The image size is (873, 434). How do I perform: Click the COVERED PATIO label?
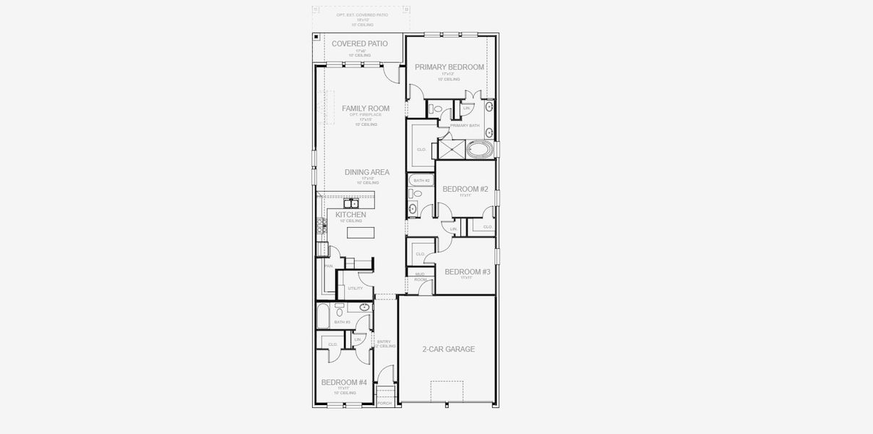point(359,44)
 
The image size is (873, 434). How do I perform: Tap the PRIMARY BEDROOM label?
point(449,67)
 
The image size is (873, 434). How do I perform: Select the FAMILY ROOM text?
point(365,109)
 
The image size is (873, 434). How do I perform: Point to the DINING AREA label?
point(366,172)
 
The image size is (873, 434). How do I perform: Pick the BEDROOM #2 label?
point(465,190)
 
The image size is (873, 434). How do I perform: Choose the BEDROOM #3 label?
point(467,272)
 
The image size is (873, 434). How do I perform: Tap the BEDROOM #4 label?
point(344,383)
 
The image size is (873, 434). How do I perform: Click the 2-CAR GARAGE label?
point(448,349)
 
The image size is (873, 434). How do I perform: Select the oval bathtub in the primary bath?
point(479,150)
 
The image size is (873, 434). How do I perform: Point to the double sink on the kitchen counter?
point(351,203)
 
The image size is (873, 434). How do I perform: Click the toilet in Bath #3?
point(339,306)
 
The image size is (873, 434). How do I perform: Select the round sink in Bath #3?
point(364,307)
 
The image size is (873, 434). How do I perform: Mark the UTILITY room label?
point(356,289)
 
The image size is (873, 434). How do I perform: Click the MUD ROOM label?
point(420,276)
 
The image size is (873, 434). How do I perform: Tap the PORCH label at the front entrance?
point(384,403)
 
